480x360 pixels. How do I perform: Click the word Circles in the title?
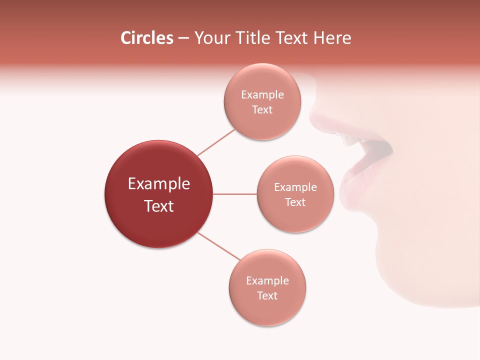click(146, 38)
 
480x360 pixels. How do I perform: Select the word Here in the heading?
click(333, 38)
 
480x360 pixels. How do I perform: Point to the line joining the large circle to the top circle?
click(216, 142)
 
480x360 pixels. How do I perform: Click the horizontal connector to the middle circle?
click(235, 194)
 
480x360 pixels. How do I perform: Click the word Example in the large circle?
click(159, 184)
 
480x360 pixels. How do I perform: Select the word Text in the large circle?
click(159, 206)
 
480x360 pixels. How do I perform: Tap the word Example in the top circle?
click(262, 95)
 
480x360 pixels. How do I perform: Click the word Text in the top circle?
click(262, 110)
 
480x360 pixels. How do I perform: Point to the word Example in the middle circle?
click(295, 187)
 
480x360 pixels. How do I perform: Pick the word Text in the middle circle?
click(295, 202)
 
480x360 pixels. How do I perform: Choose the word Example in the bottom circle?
click(267, 281)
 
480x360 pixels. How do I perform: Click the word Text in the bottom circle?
click(267, 296)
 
